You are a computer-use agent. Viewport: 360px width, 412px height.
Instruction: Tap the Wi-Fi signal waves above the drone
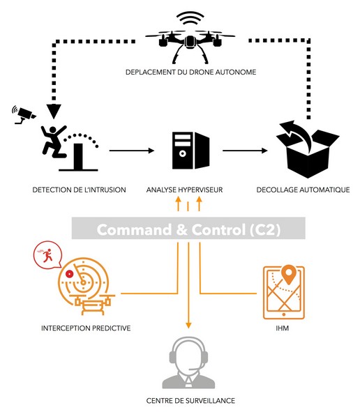click(x=190, y=18)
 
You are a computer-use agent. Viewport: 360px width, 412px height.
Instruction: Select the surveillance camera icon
click(x=24, y=114)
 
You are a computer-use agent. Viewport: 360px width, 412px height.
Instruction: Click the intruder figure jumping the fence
click(x=54, y=141)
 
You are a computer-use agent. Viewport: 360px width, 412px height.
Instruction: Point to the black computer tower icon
click(x=190, y=151)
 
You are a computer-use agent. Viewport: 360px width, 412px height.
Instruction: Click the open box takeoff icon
click(x=308, y=149)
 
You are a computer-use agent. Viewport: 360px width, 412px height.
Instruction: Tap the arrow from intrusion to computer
click(x=132, y=151)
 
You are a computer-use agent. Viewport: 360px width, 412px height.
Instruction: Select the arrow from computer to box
click(x=245, y=151)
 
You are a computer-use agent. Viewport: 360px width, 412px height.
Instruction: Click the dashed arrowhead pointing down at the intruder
click(x=54, y=111)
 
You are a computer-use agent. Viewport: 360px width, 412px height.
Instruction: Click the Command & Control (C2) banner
click(x=188, y=228)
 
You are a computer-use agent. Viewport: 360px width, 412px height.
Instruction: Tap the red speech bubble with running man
click(x=47, y=255)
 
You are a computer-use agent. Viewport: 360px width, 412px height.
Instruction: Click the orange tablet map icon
click(x=284, y=292)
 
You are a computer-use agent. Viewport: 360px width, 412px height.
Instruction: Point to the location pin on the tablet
click(x=289, y=274)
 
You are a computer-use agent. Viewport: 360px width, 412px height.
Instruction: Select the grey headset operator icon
click(x=188, y=363)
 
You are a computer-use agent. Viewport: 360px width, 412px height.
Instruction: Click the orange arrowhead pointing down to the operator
click(x=188, y=326)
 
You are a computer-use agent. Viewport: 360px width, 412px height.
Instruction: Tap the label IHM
click(x=283, y=328)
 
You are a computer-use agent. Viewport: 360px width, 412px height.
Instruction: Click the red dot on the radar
click(x=69, y=274)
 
